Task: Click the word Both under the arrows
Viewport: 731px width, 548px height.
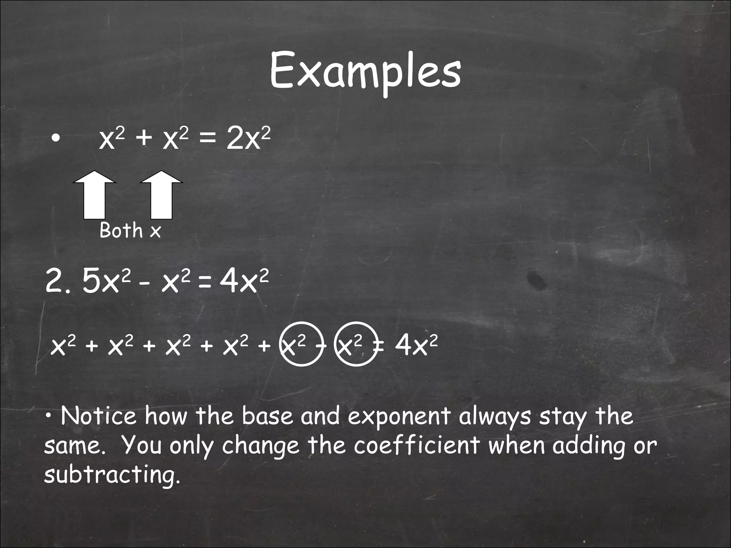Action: point(121,230)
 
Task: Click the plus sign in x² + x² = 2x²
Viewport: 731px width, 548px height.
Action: point(144,139)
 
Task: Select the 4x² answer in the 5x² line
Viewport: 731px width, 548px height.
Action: point(244,281)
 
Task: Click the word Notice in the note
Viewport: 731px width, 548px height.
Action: point(99,416)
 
